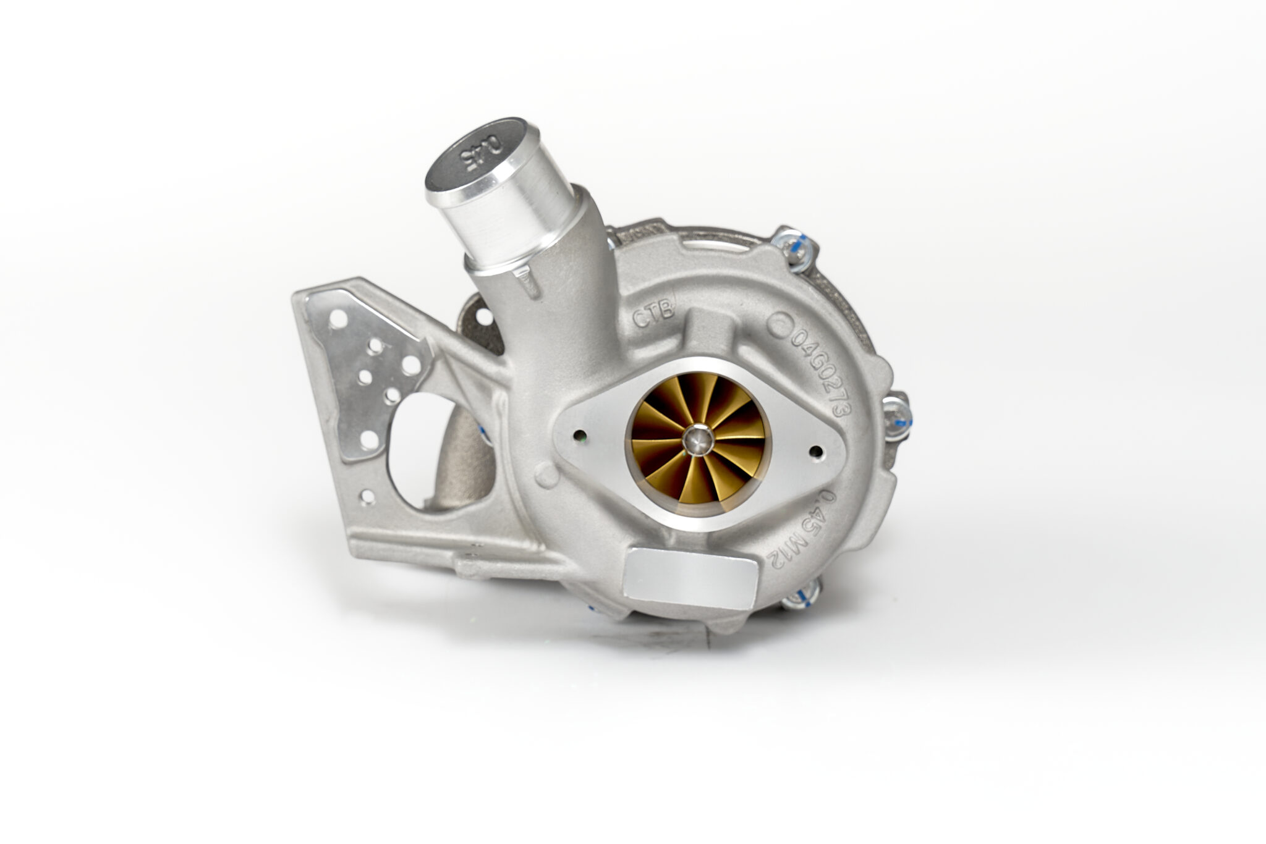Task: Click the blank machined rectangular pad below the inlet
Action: [689, 576]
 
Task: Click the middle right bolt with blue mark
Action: [896, 416]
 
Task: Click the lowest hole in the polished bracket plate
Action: [368, 441]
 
